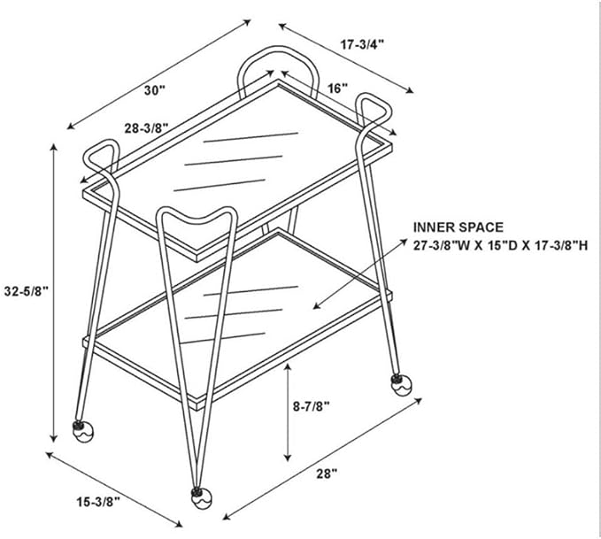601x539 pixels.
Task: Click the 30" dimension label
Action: coord(155,90)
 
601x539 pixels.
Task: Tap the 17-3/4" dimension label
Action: coord(362,44)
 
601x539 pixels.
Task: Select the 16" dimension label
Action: coord(337,89)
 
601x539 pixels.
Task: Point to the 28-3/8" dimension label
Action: coord(146,128)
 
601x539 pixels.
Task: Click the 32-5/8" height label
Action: coord(27,291)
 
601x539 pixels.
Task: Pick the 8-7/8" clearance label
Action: coord(312,406)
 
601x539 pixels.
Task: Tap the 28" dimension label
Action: coord(327,474)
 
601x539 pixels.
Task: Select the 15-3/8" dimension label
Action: coord(98,502)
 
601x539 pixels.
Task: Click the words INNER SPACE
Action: coord(458,227)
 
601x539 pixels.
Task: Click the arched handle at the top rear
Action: coord(278,49)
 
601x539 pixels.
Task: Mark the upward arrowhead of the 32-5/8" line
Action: coord(54,148)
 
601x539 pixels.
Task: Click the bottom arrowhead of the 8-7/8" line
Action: coord(288,457)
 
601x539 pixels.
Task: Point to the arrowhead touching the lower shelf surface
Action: coord(317,306)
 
